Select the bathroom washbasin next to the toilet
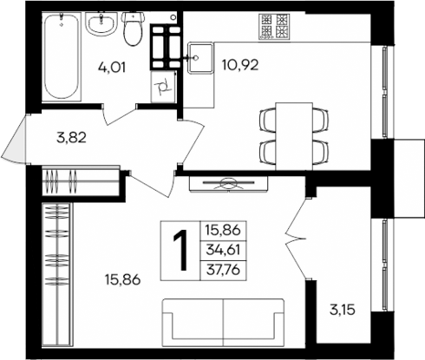(105, 24)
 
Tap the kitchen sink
(199, 58)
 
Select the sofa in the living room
(223, 319)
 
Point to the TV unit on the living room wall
(229, 183)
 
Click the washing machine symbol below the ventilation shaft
(165, 86)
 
